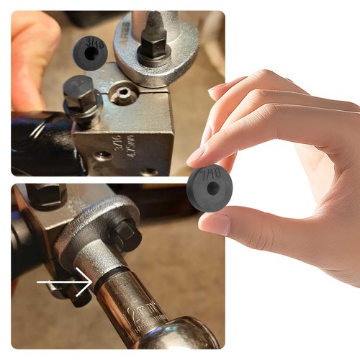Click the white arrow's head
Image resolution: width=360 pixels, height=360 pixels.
89,282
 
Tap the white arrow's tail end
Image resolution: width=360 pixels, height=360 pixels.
39,282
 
